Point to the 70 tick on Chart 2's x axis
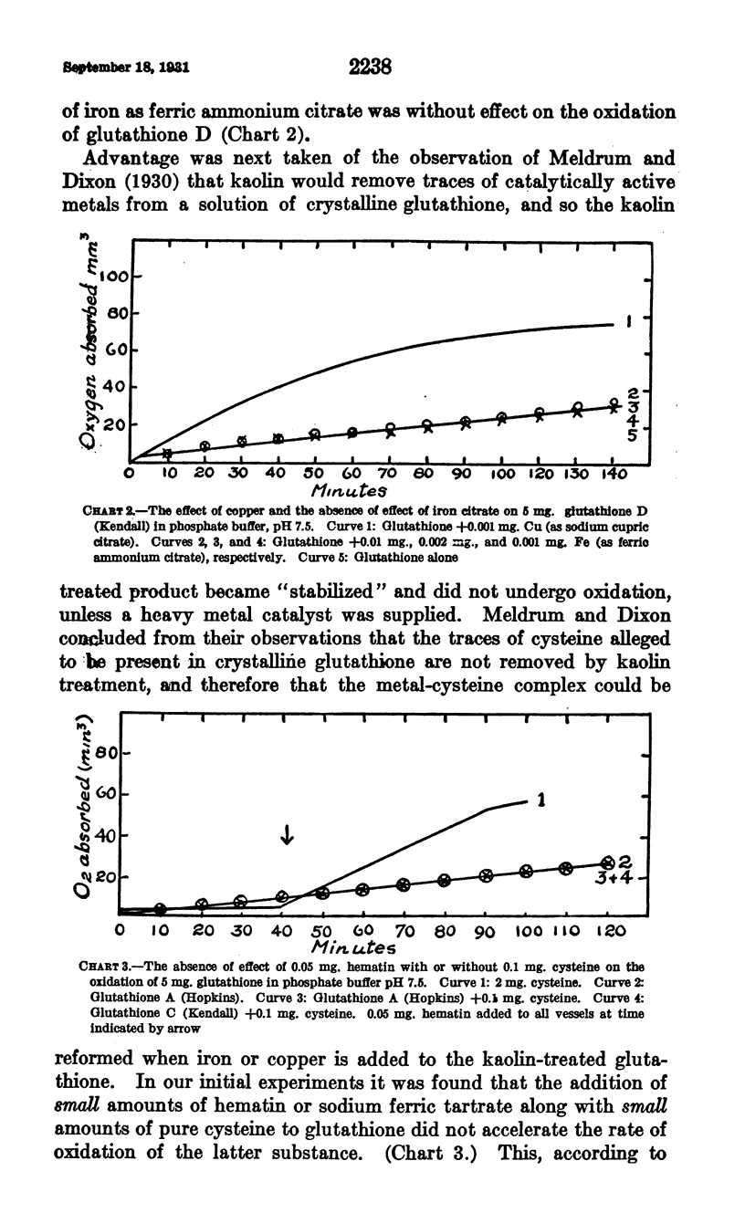tap(386, 476)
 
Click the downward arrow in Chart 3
tap(287, 833)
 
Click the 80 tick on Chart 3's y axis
tap(108, 754)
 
